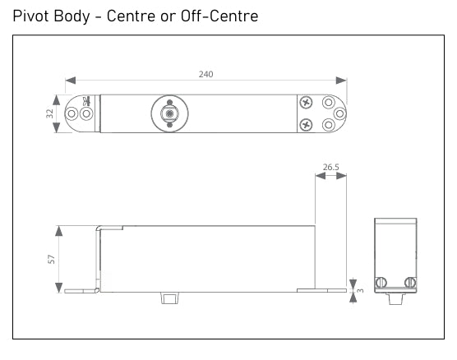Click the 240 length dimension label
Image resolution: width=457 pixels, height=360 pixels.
(205, 74)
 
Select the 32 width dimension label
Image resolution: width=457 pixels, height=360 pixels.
(50, 113)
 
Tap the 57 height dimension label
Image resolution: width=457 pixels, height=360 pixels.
(51, 259)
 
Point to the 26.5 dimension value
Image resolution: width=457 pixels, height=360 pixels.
(330, 167)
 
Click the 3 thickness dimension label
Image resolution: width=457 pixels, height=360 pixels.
(360, 291)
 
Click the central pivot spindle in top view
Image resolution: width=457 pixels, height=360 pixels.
(168, 113)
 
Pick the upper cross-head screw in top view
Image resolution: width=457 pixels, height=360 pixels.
(306, 103)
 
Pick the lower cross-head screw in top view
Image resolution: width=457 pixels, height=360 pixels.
(306, 125)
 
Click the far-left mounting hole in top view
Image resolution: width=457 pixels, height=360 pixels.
(72, 113)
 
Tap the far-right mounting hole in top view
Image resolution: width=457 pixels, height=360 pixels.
(339, 113)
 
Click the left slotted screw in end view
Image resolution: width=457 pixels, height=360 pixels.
(381, 283)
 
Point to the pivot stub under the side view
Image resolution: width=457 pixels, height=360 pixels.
(169, 296)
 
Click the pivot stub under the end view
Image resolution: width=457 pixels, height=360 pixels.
(395, 297)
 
